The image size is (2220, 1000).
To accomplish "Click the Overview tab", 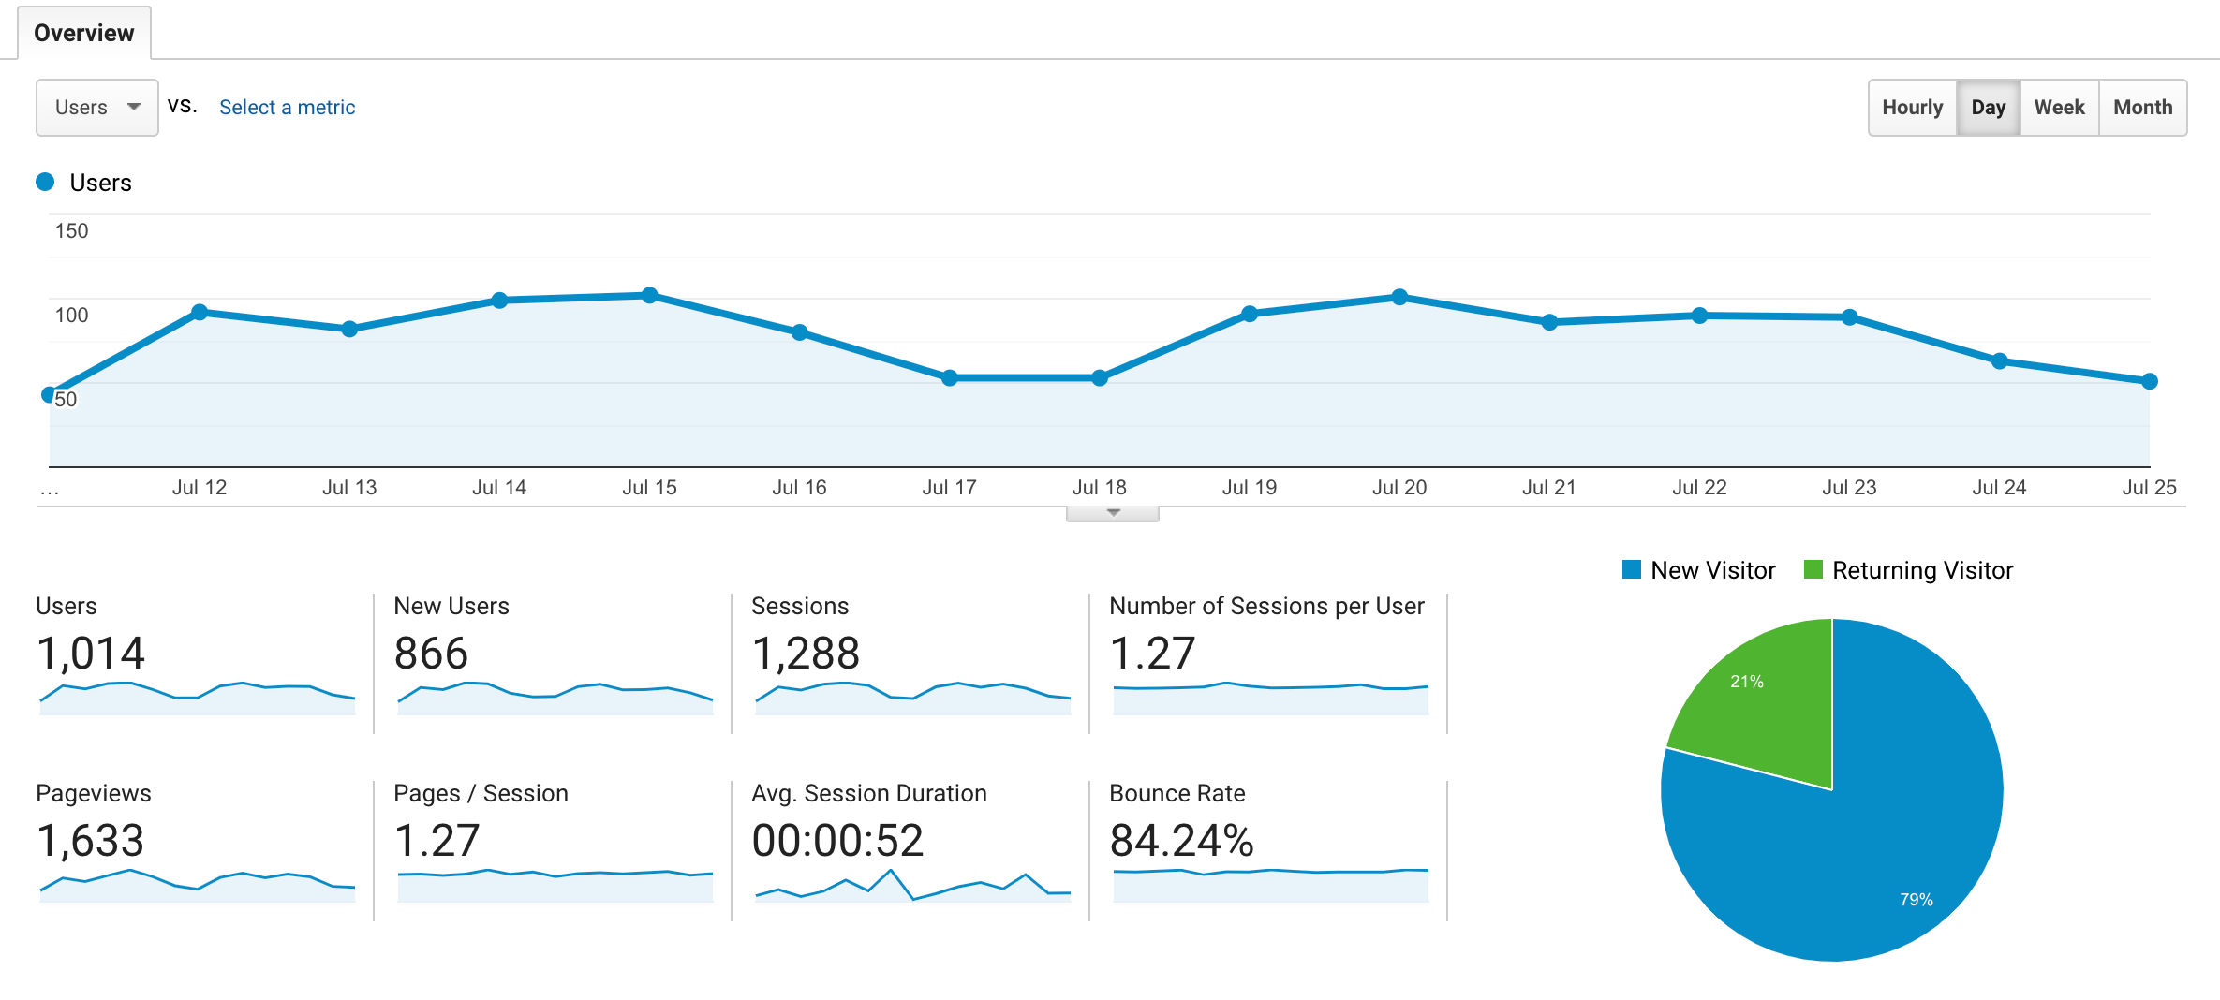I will click(x=83, y=33).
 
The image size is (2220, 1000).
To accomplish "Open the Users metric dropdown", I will click(x=96, y=108).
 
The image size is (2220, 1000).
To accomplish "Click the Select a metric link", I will click(x=287, y=108).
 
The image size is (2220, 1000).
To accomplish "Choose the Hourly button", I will click(x=1912, y=108).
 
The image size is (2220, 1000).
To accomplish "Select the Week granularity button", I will click(x=2059, y=108).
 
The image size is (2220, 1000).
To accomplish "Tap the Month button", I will click(x=2142, y=108).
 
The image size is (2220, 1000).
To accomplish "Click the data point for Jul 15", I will click(x=649, y=295).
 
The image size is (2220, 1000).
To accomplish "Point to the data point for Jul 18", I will click(x=1100, y=377).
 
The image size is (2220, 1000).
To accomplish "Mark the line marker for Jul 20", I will click(x=1399, y=297).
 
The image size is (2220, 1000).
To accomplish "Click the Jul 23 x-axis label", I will click(x=1849, y=487).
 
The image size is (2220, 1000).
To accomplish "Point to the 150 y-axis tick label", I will click(x=71, y=231).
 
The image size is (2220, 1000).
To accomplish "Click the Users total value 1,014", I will click(x=90, y=653).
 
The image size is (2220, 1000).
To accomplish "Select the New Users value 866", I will click(x=431, y=653).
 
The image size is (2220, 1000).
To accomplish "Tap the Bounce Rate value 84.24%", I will click(x=1181, y=840).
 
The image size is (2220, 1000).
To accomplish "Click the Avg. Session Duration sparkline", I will click(x=912, y=885).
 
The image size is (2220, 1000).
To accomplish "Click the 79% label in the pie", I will click(x=1916, y=899).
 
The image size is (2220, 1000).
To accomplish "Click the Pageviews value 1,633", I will click(x=90, y=840).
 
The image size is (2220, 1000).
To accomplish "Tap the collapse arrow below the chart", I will click(x=1113, y=513).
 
